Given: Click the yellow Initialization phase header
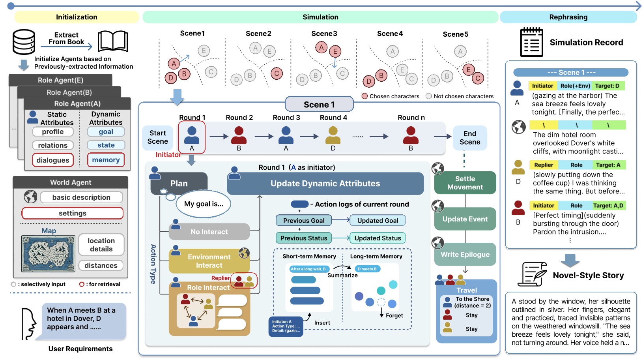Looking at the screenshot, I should [77, 17].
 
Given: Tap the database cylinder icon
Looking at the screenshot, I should [24, 42].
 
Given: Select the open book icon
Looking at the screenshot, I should [113, 41].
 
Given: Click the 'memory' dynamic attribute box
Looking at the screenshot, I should [106, 160].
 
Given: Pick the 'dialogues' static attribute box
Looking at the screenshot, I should [53, 160].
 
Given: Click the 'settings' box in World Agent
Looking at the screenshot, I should [73, 213].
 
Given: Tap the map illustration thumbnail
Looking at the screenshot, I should [48, 253].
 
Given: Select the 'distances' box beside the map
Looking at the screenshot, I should [101, 266].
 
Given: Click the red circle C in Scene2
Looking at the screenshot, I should [277, 73].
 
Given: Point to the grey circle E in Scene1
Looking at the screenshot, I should [204, 51].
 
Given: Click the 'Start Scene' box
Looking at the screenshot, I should [158, 137].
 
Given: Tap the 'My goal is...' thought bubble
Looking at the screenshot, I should [204, 204].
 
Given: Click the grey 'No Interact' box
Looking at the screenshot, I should [209, 232].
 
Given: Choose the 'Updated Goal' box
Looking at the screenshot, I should [378, 221].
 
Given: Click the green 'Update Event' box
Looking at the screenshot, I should [465, 219].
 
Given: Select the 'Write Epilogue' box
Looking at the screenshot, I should [465, 255].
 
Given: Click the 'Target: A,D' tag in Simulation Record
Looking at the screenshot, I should [609, 206].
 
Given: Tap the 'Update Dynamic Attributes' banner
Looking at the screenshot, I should [325, 184].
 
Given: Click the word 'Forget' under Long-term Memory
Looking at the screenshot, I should [394, 315].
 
